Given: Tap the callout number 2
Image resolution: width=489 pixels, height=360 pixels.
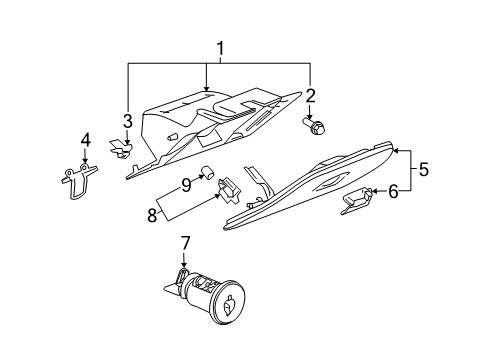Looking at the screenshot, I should coord(311,96).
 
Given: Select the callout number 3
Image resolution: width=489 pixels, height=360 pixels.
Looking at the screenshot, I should coord(128,122).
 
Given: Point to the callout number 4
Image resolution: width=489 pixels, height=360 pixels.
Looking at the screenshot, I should coord(85,140).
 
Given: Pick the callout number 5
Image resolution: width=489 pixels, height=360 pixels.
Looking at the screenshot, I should coord(423,170).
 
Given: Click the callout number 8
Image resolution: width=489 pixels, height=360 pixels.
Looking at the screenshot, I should coord(152,214).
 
